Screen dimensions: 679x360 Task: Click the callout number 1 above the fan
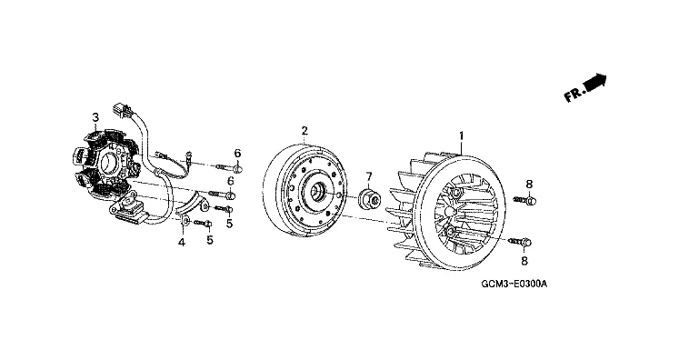coord(462,136)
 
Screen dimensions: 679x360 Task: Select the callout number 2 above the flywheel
coord(305,130)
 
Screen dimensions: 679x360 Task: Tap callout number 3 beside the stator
coord(95,117)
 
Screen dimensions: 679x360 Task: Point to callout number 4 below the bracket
coord(182,243)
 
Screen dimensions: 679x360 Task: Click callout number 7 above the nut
coord(369,176)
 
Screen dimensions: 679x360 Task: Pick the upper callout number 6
coord(237,153)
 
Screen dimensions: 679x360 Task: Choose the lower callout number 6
coord(231,181)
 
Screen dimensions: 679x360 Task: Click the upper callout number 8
coord(529,185)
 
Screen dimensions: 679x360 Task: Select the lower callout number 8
coord(524,261)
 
